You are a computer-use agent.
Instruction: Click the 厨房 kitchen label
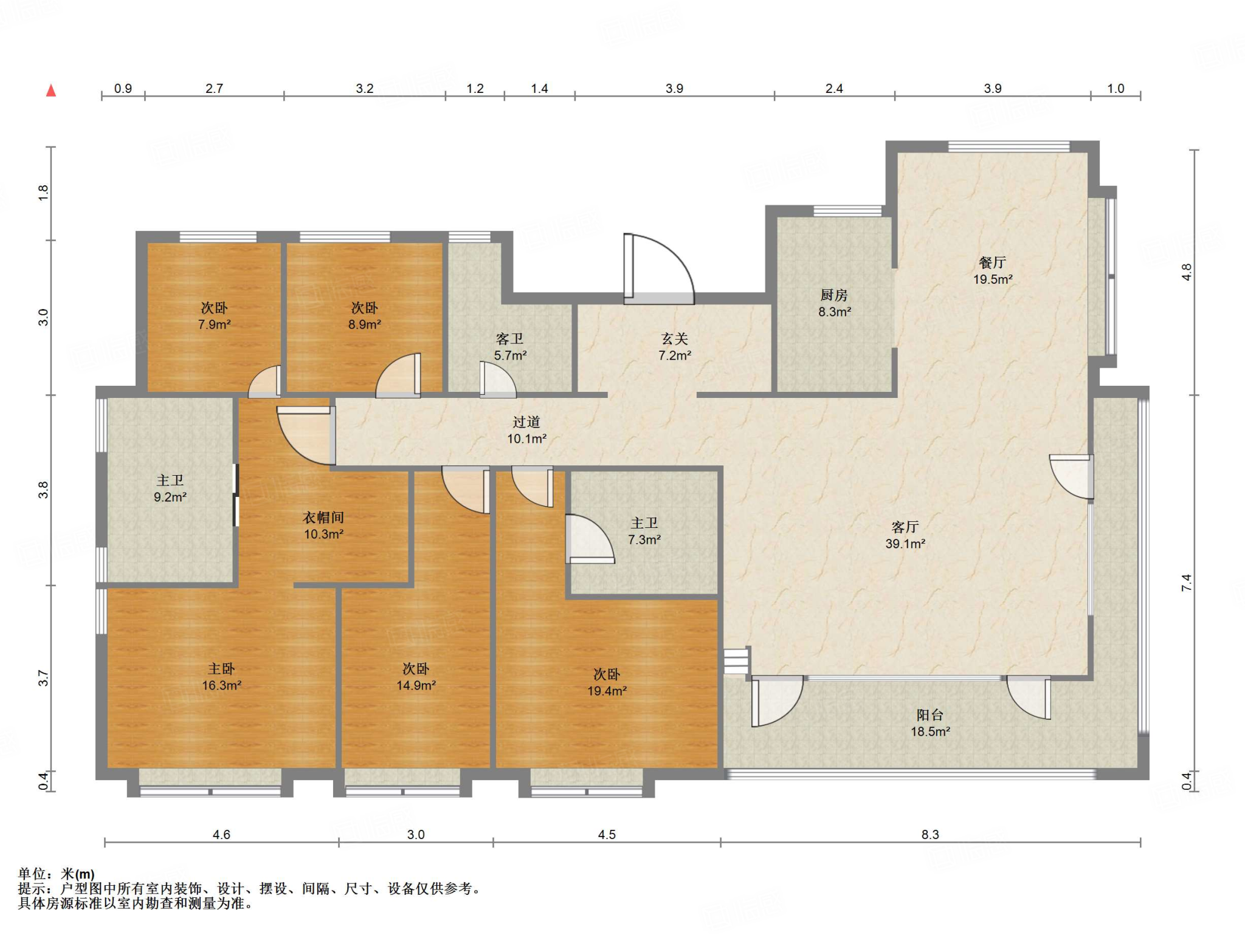click(833, 295)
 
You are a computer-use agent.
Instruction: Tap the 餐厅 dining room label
click(992, 262)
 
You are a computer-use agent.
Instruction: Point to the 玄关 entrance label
click(674, 339)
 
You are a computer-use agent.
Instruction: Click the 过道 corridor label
click(526, 422)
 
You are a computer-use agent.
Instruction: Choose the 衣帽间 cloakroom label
click(323, 518)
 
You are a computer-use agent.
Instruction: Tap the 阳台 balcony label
click(930, 715)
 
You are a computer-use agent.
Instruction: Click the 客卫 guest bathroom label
click(509, 339)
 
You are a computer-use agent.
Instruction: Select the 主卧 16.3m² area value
click(221, 685)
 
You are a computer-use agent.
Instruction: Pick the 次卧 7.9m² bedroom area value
click(214, 324)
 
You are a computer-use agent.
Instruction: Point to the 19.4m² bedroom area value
click(607, 691)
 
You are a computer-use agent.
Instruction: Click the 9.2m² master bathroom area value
click(170, 497)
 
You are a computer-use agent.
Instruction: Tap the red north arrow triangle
click(52, 91)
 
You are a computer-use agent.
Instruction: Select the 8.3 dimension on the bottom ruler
click(930, 834)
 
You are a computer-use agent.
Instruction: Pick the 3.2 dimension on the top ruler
click(364, 89)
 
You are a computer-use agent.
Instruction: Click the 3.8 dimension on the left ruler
click(43, 490)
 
